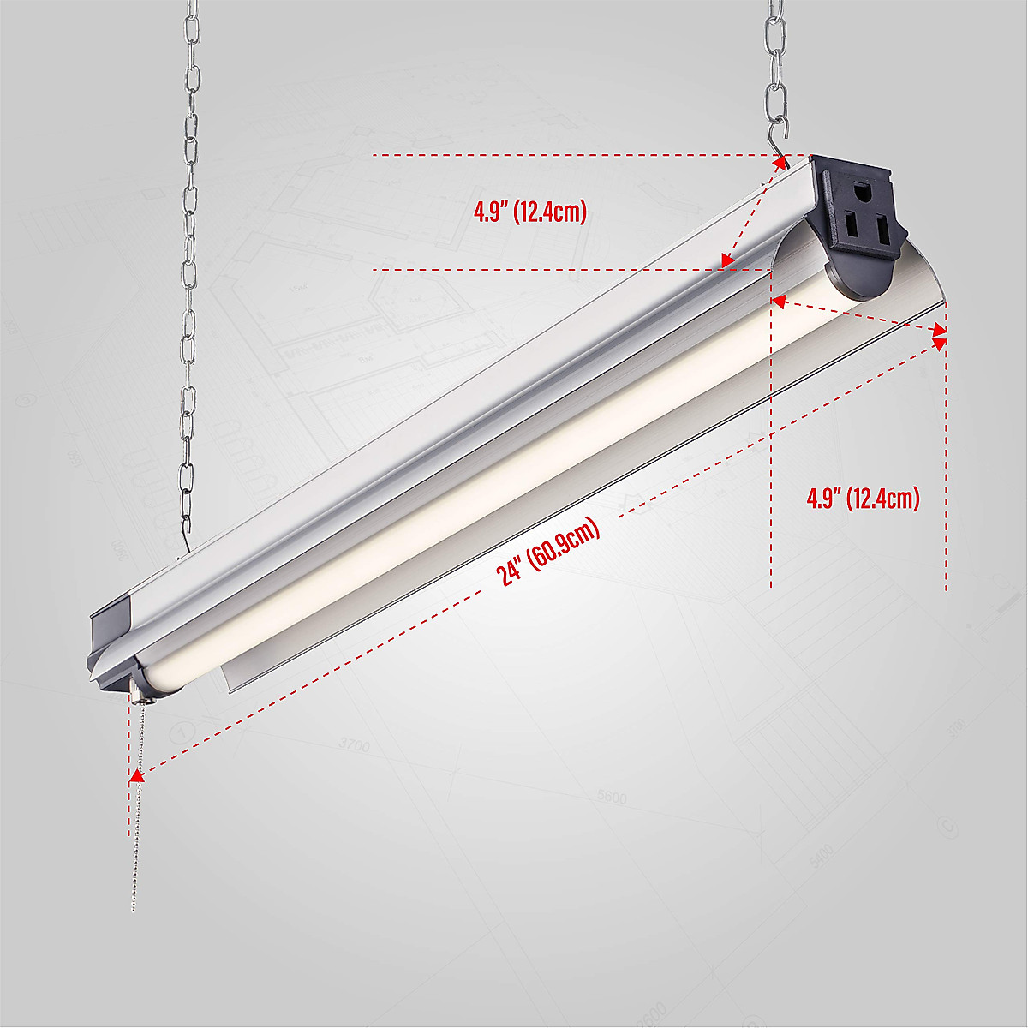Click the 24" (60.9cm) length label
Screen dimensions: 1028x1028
(x=549, y=552)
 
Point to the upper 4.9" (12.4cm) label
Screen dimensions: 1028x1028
(x=530, y=212)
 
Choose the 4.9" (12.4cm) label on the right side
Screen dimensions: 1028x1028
(x=863, y=499)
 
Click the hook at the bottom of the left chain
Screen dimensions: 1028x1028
(x=182, y=540)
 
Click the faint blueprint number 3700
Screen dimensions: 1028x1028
(x=354, y=745)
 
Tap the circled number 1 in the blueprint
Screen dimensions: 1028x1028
(x=182, y=733)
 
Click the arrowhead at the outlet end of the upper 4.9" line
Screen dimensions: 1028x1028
(x=780, y=165)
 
